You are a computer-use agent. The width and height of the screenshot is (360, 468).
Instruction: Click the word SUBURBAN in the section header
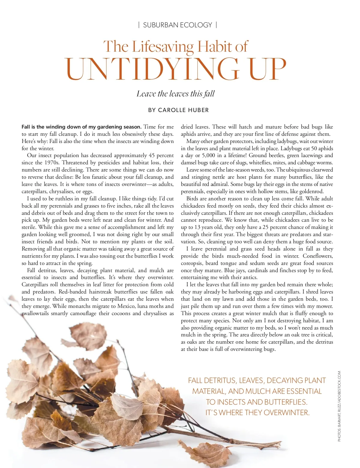coord(161,25)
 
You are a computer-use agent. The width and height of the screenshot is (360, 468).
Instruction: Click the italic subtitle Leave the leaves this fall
coord(175,94)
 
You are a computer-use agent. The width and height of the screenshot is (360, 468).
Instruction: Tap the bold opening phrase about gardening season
coord(81,127)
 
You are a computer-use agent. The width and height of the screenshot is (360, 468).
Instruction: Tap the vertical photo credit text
coord(340,406)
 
